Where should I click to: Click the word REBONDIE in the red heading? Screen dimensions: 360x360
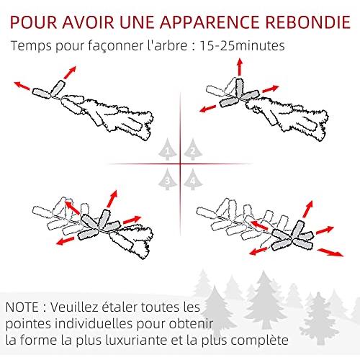[308, 22]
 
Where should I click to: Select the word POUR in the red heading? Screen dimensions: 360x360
[33, 22]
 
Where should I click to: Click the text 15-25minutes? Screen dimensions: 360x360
[242, 45]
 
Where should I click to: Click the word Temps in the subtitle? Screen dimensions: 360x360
[31, 46]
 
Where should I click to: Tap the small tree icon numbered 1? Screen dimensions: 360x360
[168, 150]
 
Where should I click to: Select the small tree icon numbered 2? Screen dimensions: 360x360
[193, 150]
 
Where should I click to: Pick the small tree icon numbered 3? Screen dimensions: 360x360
[168, 179]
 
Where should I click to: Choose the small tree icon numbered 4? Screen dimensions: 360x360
[193, 179]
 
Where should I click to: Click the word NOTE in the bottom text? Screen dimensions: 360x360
[22, 307]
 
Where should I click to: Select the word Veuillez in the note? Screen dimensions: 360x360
[75, 307]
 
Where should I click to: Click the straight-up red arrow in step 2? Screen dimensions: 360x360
[240, 67]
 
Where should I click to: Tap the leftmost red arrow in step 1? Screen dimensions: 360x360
[22, 86]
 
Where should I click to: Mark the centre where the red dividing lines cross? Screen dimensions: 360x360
[180, 164]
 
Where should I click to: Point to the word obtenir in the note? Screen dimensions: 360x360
[191, 323]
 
